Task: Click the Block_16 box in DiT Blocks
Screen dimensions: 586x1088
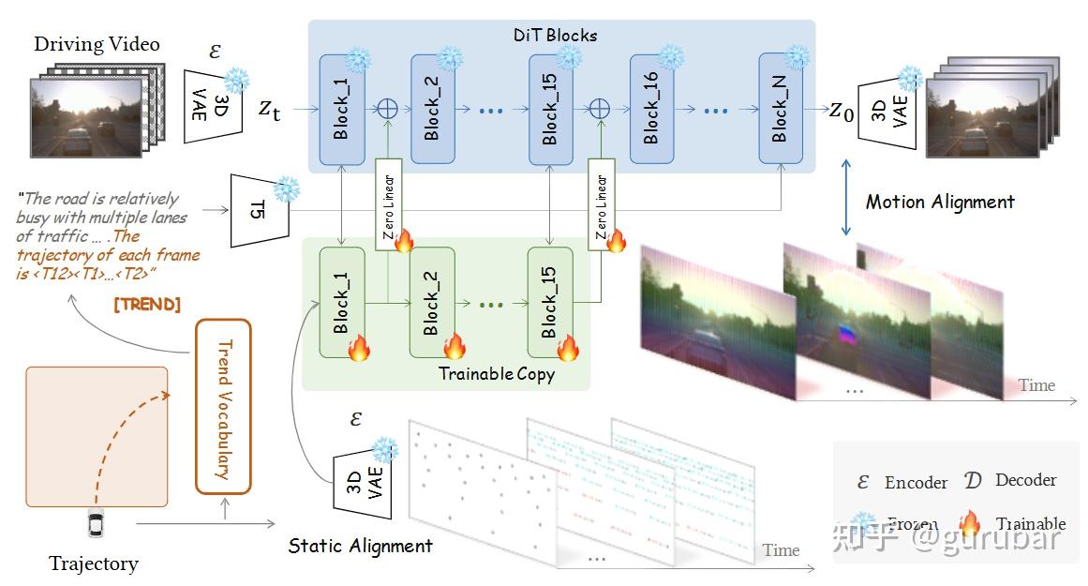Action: pyautogui.click(x=651, y=110)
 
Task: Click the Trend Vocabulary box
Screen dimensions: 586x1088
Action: pyautogui.click(x=223, y=406)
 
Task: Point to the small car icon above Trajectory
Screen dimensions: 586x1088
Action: pyautogui.click(x=95, y=524)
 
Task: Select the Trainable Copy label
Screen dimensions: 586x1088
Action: pyautogui.click(x=497, y=374)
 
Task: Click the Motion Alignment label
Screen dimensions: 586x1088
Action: pyautogui.click(x=939, y=202)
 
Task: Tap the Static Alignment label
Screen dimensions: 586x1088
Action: pyautogui.click(x=360, y=546)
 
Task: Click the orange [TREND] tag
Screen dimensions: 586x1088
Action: pyautogui.click(x=147, y=306)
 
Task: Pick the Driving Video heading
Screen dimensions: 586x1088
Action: pyautogui.click(x=97, y=44)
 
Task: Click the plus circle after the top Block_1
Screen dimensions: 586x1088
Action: pyautogui.click(x=387, y=109)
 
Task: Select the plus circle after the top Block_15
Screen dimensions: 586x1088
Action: pyautogui.click(x=600, y=109)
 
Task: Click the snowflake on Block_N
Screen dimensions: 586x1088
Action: pyautogui.click(x=797, y=56)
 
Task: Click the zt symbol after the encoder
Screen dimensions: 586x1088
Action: pyautogui.click(x=269, y=108)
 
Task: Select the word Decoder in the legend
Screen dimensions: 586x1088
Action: pyautogui.click(x=1025, y=480)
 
